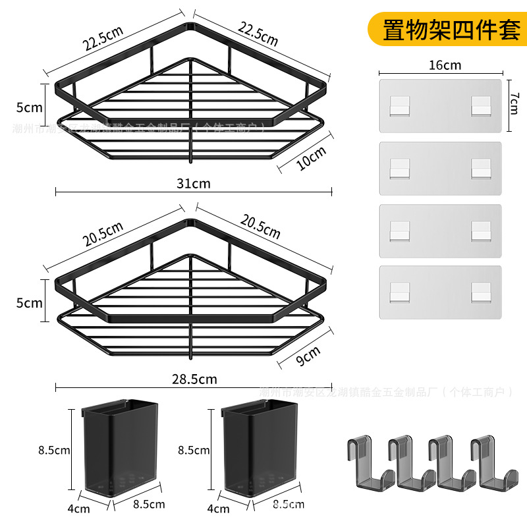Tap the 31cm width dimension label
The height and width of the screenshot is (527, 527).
pos(194,184)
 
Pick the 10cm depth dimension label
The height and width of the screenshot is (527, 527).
pos(311,159)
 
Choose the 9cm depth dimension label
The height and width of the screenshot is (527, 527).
pos(308,356)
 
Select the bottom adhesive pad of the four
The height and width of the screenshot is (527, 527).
pos(440,292)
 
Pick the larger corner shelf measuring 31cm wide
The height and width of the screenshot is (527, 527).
pos(191,99)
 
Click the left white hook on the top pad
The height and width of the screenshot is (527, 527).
pos(399,106)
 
